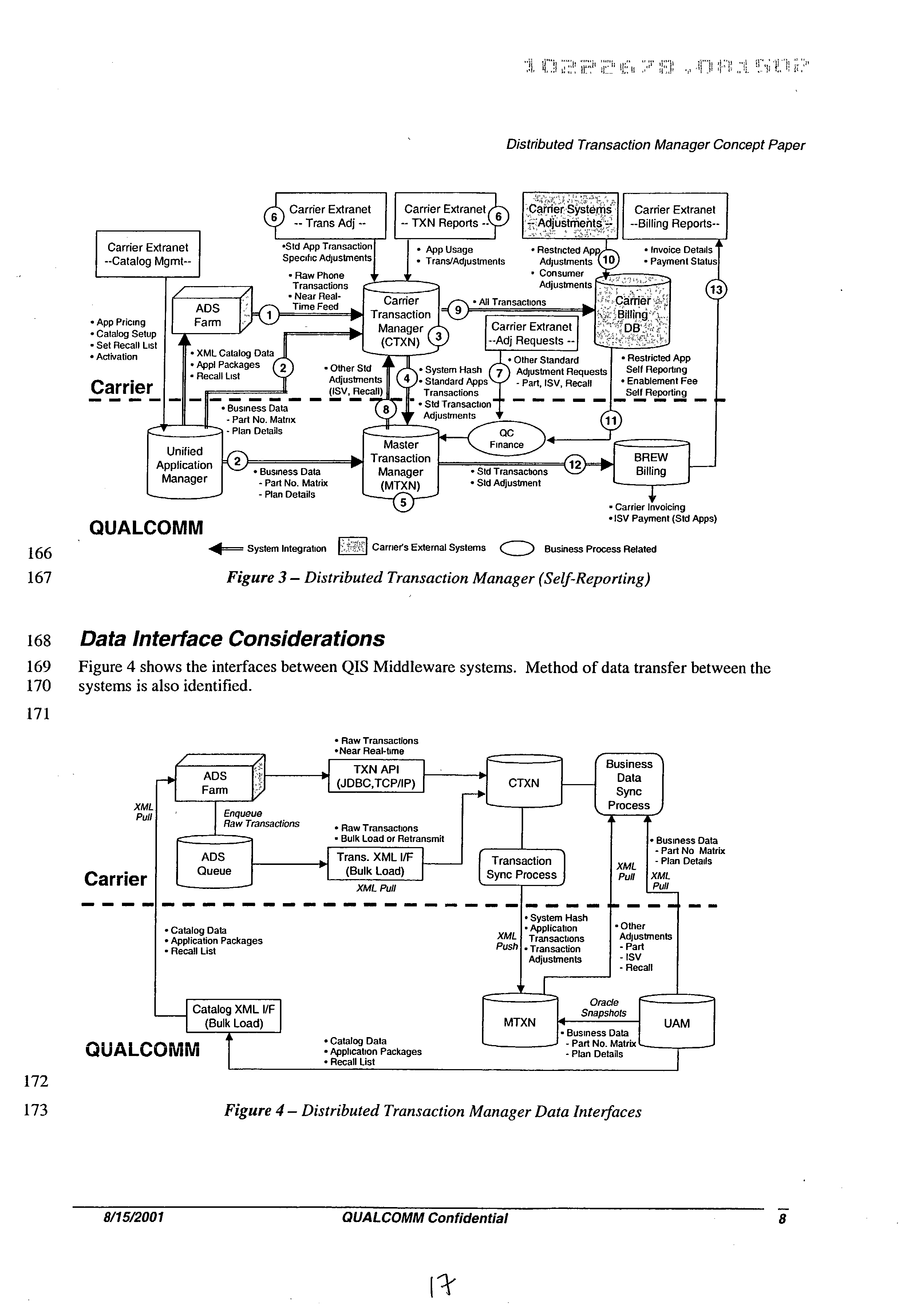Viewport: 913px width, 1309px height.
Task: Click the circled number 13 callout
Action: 715,290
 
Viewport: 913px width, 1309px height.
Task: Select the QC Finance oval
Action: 506,438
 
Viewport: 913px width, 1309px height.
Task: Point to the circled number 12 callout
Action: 575,464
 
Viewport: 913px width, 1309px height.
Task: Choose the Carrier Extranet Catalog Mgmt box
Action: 148,254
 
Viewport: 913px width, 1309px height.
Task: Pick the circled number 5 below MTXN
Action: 404,502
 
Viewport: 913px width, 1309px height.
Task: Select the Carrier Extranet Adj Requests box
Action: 531,333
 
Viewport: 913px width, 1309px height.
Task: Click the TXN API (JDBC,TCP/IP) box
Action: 376,776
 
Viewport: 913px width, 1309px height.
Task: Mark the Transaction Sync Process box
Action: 521,868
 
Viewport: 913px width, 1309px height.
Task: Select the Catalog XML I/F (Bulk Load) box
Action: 234,1016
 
